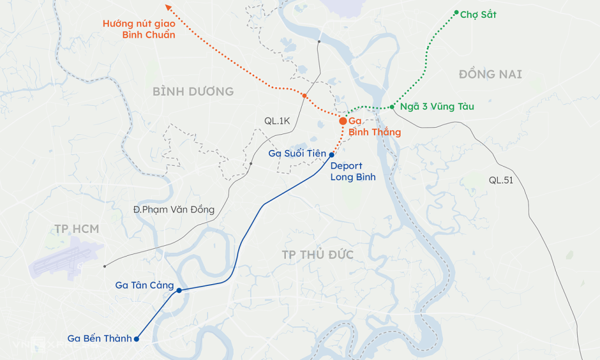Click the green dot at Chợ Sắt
tap(456, 12)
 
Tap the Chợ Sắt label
tap(478, 15)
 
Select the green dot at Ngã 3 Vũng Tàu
tap(392, 107)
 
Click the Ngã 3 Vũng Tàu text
tap(436, 107)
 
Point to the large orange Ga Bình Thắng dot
tap(343, 121)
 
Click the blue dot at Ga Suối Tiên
tap(332, 155)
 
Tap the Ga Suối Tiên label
tap(297, 154)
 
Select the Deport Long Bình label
tap(352, 172)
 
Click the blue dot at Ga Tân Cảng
tap(179, 291)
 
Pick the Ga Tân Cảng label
tap(145, 285)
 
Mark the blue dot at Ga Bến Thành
tap(136, 339)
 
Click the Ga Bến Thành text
tap(99, 338)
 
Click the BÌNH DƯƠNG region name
tap(193, 92)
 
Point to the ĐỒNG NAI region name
tap(490, 74)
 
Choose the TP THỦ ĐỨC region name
tap(317, 255)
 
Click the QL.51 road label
tap(501, 181)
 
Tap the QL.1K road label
tap(277, 121)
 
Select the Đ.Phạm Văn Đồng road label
tap(174, 210)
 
